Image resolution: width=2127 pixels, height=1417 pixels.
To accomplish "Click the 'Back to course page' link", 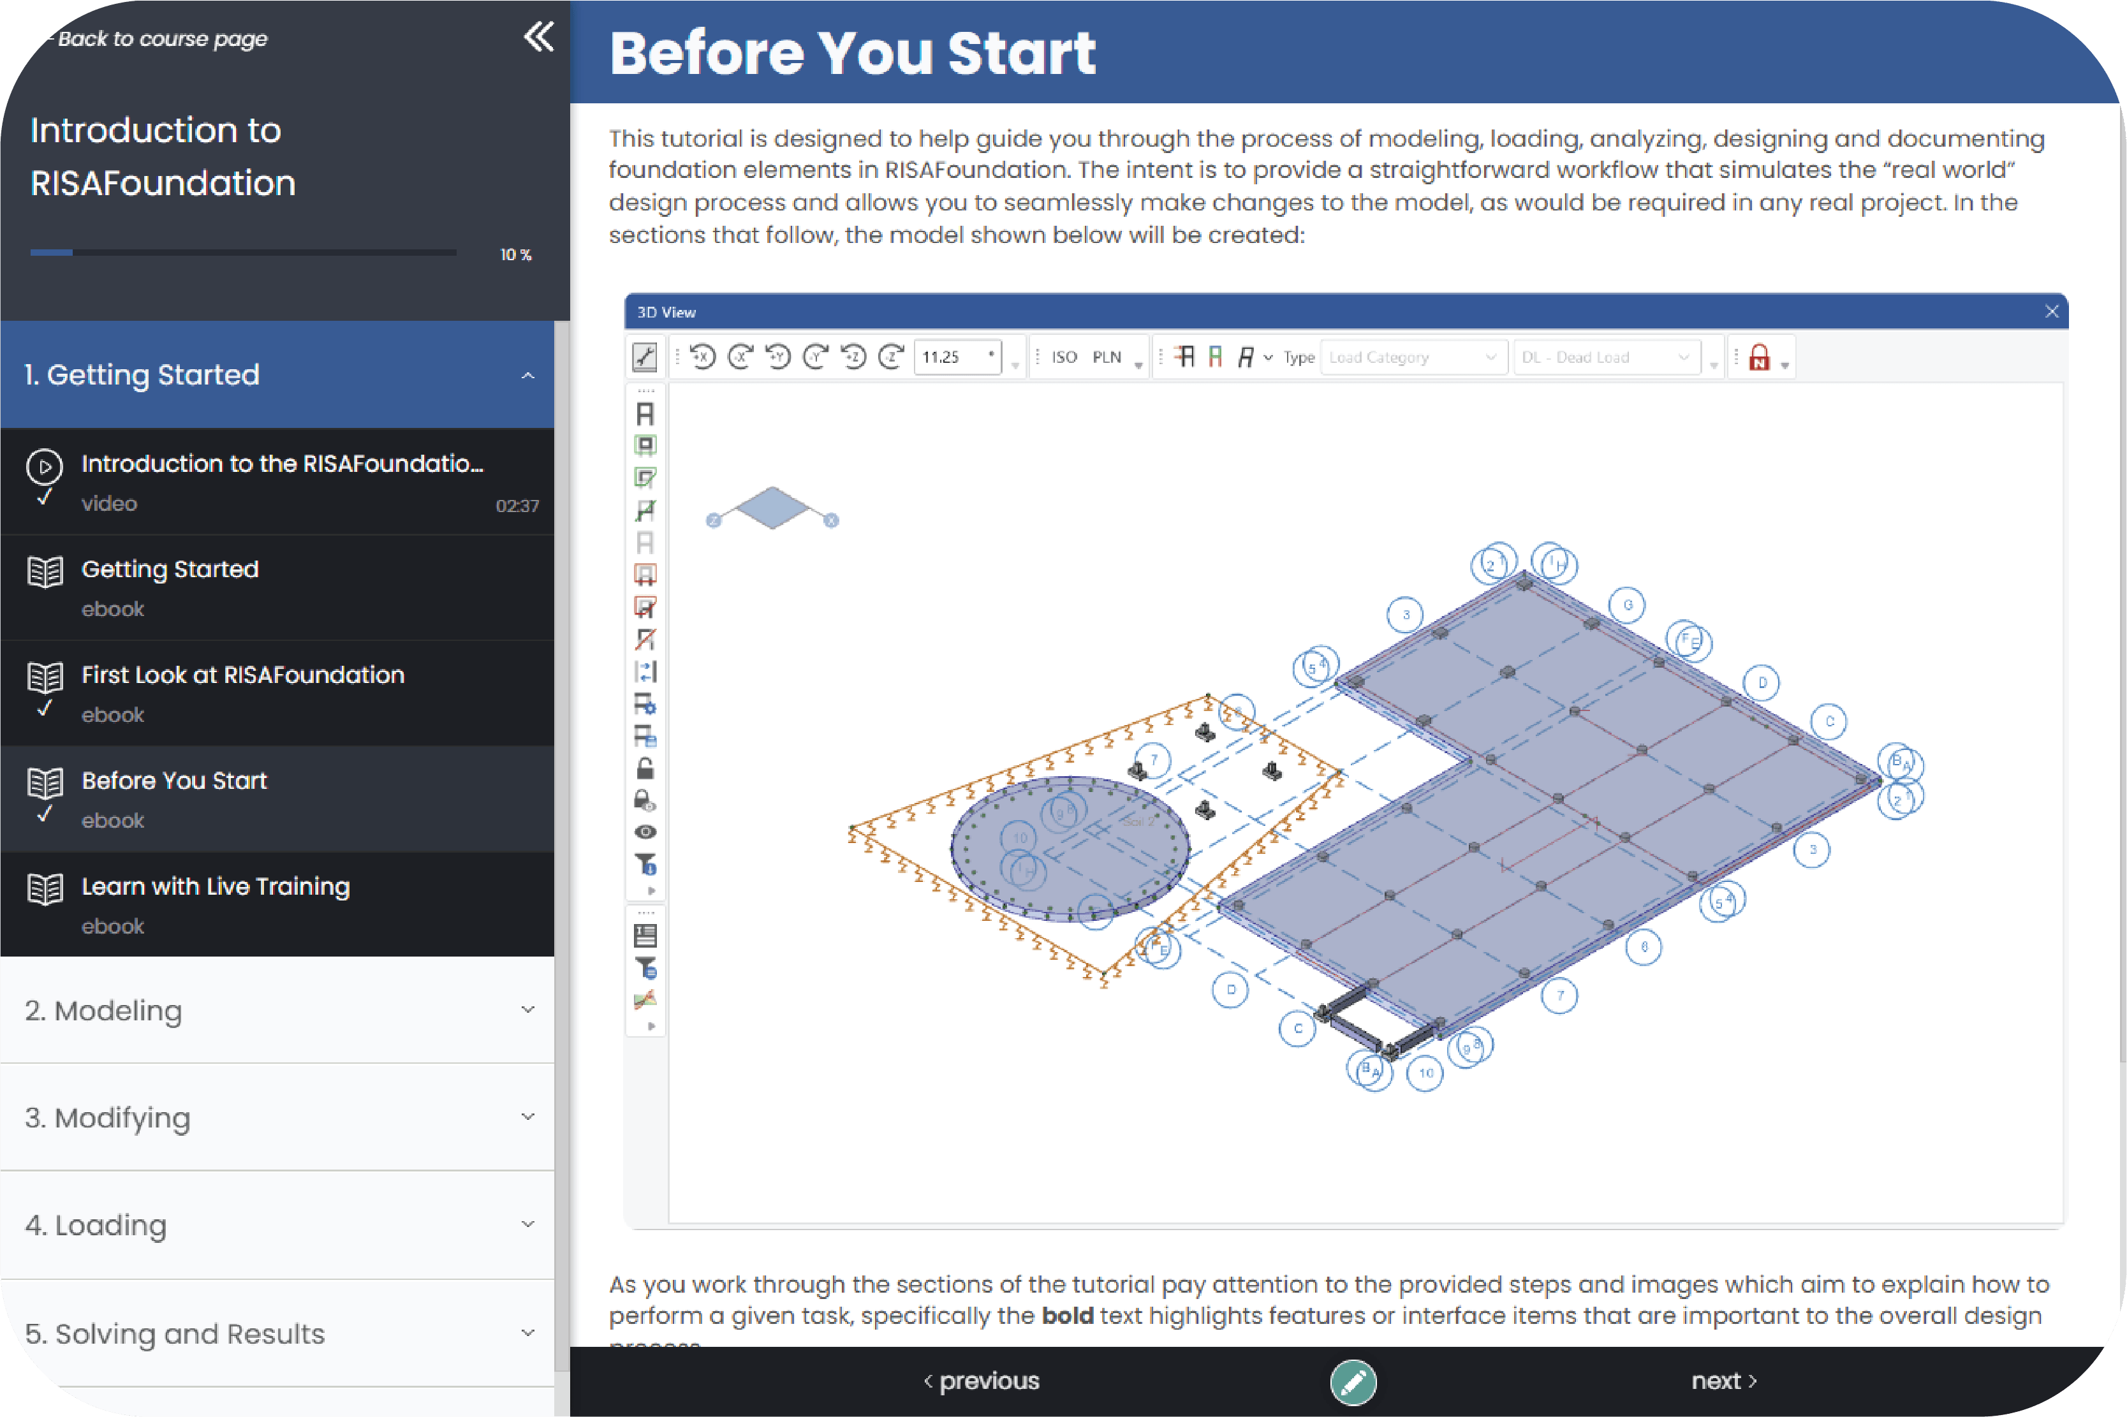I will tap(161, 39).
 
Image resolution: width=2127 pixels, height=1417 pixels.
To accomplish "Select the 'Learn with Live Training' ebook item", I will tap(215, 886).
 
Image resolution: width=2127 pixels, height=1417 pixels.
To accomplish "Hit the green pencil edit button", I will tap(1353, 1382).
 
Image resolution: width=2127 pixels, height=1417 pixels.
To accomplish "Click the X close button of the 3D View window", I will tap(2051, 312).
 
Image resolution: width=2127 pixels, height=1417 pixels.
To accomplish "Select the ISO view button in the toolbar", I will tap(1064, 357).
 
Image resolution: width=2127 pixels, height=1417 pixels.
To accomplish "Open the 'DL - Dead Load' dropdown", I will tap(1606, 357).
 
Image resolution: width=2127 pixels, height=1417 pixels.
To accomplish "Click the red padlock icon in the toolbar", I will tap(1758, 358).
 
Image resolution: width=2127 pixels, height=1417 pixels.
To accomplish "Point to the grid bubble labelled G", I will tap(1628, 605).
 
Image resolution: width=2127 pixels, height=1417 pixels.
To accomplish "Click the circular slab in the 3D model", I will tap(1070, 849).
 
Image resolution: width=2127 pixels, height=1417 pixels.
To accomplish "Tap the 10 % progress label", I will tap(516, 255).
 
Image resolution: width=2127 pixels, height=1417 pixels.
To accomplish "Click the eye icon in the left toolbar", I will tap(645, 832).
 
